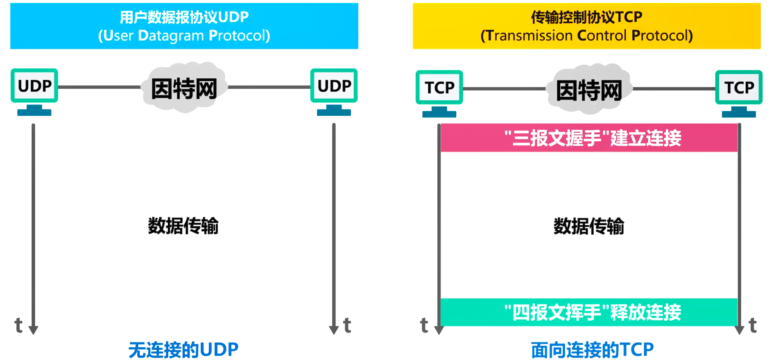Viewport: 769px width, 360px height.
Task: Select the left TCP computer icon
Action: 439,93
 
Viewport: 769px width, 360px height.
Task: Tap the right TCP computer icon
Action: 739,93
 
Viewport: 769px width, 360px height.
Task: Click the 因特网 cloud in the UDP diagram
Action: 184,88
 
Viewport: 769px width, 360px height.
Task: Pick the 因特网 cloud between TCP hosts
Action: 589,89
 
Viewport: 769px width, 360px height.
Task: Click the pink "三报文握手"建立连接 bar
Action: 589,138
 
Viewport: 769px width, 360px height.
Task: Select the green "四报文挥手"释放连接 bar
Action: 589,312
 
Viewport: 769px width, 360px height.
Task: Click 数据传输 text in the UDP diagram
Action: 183,226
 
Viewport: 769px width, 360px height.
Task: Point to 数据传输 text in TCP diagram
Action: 589,226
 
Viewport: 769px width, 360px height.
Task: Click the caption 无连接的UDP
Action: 183,350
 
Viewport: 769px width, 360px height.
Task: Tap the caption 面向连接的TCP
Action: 592,350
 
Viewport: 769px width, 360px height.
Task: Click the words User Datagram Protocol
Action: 184,36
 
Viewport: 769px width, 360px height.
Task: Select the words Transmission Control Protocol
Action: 586,36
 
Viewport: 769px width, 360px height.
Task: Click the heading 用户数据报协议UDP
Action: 184,17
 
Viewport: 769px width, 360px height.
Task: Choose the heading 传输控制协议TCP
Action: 586,17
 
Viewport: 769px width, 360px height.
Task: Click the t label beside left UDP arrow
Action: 18,326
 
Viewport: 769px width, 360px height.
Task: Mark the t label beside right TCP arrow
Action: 753,326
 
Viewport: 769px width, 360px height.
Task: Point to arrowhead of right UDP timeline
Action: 334,330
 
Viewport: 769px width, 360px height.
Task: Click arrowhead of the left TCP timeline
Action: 439,330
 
